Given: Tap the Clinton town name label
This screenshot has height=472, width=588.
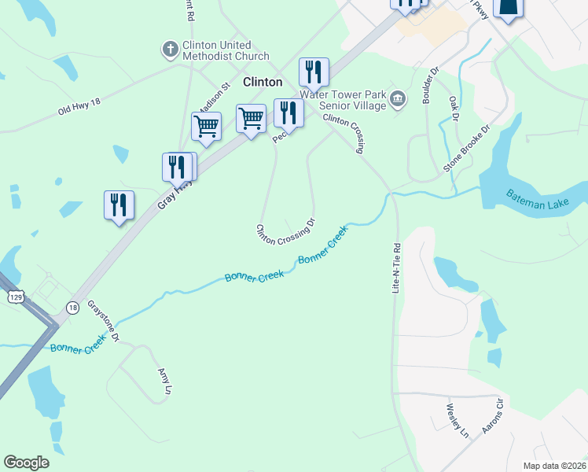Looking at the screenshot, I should [x=263, y=82].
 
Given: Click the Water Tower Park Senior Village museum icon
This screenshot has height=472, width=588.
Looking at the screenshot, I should [x=398, y=98].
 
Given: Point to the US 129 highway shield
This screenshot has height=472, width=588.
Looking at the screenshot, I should [x=17, y=295].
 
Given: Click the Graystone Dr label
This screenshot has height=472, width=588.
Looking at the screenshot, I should [x=103, y=320].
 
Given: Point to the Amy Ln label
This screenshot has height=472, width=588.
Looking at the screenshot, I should [x=164, y=380].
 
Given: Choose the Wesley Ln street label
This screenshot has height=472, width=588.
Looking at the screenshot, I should [x=457, y=421].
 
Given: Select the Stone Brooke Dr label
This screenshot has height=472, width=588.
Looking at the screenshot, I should [x=466, y=147].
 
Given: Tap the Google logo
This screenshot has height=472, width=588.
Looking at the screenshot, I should [x=26, y=463].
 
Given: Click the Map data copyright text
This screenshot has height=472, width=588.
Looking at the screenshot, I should [x=554, y=466].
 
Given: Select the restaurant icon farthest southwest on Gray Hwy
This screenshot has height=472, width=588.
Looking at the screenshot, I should [x=119, y=205].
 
